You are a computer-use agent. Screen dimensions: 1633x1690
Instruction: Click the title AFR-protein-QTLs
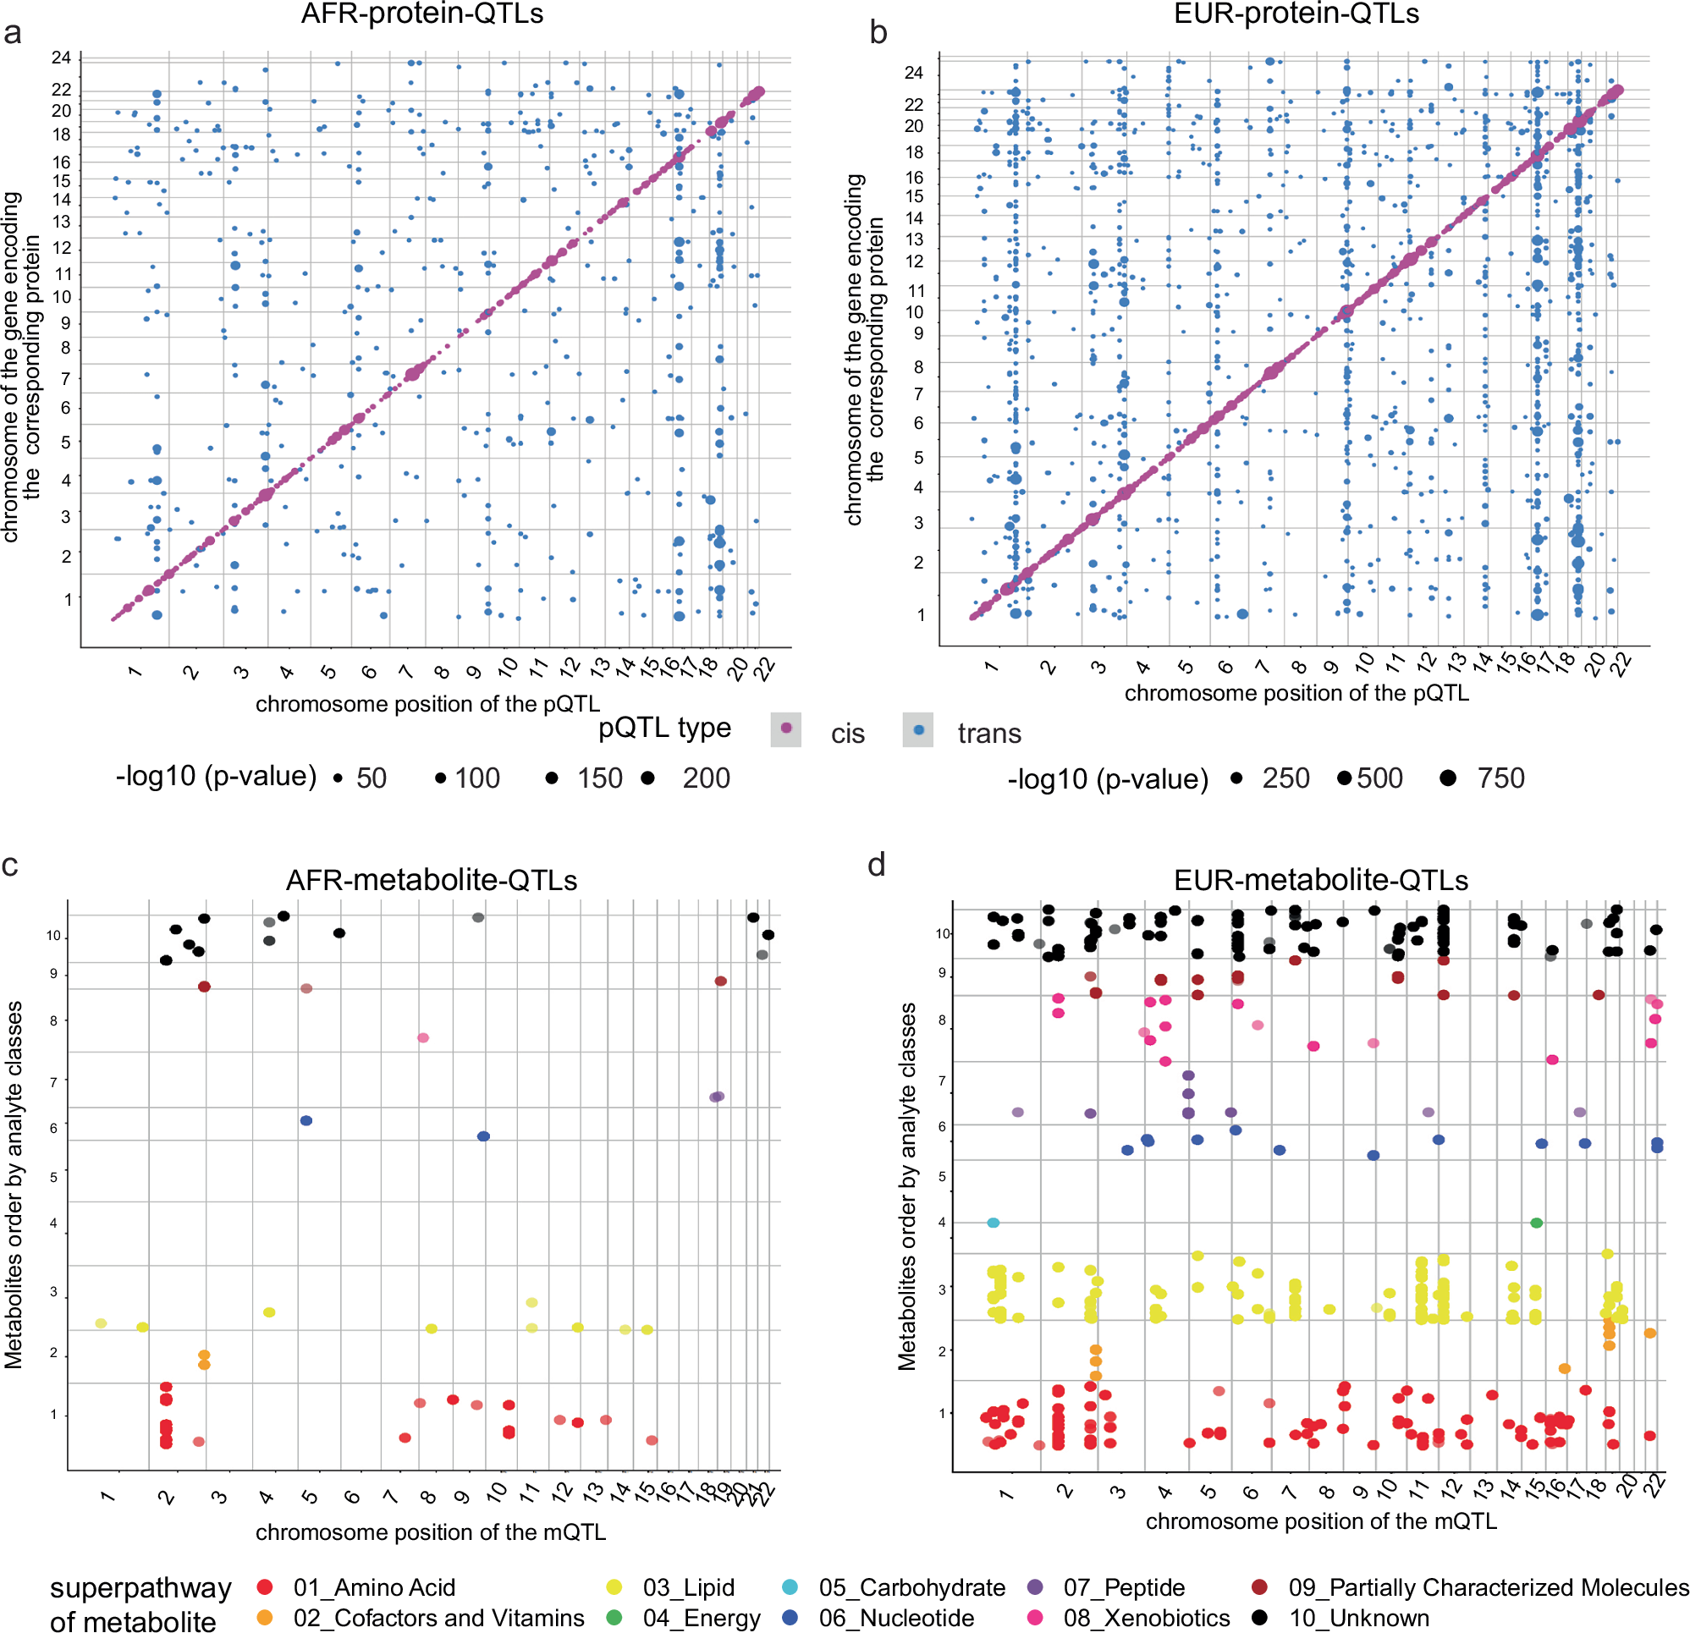pos(421,14)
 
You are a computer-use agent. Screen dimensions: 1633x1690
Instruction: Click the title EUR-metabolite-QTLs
pos(1320,879)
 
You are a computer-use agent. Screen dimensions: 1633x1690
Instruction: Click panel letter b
pos(878,32)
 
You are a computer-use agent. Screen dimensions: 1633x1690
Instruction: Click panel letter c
pos(10,865)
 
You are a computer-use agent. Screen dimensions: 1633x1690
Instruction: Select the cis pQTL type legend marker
pos(785,729)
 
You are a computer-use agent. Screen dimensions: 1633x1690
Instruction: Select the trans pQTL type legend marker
pos(918,729)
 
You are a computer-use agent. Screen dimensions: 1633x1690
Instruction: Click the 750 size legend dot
pos(1448,778)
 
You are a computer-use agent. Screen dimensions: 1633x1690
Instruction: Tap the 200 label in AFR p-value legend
pos(706,778)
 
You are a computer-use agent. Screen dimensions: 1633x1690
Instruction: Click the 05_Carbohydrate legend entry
pos(911,1587)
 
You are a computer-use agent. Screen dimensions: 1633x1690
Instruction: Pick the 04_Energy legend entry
pos(701,1618)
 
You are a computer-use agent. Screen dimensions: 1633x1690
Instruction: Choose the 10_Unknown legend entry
pos(1358,1618)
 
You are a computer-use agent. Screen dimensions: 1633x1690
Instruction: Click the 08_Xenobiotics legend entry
pos(1146,1618)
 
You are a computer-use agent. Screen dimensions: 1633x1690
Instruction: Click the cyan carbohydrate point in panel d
pos(993,1223)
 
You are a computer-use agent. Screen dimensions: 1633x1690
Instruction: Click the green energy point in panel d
pos(1536,1223)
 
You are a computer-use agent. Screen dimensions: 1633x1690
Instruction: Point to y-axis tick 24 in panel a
pos(61,58)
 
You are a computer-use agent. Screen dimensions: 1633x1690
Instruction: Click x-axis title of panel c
pos(430,1532)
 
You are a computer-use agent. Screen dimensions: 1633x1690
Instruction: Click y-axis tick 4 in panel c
pos(53,1223)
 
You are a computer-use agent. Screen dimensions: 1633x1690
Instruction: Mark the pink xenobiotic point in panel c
pos(422,1037)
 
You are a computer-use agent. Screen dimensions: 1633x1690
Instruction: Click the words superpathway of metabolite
pos(140,1603)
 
